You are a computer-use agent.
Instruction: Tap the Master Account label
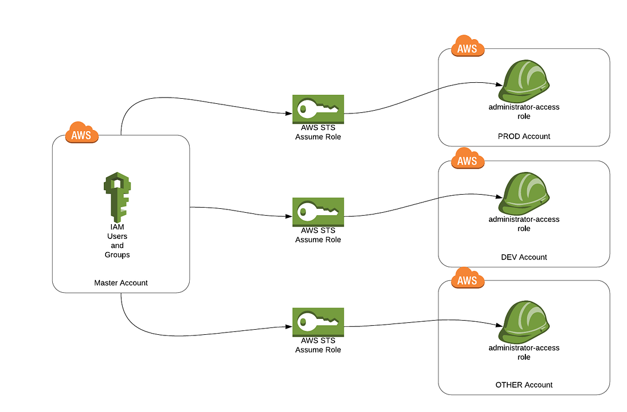coord(121,283)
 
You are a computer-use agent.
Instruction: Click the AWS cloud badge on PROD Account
coord(467,48)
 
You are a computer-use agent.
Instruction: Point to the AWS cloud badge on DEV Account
coord(467,160)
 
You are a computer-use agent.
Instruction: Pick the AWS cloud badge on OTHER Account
coord(467,280)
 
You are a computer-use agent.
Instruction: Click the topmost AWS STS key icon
coord(318,109)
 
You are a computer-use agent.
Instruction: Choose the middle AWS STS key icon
coord(318,212)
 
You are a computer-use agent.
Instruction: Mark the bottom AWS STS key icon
coord(318,322)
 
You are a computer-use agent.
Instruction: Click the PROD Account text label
coord(524,136)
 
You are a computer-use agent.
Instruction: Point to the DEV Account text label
coord(524,257)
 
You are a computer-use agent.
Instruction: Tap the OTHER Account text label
coord(524,385)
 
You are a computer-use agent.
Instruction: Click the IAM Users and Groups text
coord(117,241)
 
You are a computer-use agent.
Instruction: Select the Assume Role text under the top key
coord(318,137)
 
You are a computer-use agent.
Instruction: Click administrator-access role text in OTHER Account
coord(524,352)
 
